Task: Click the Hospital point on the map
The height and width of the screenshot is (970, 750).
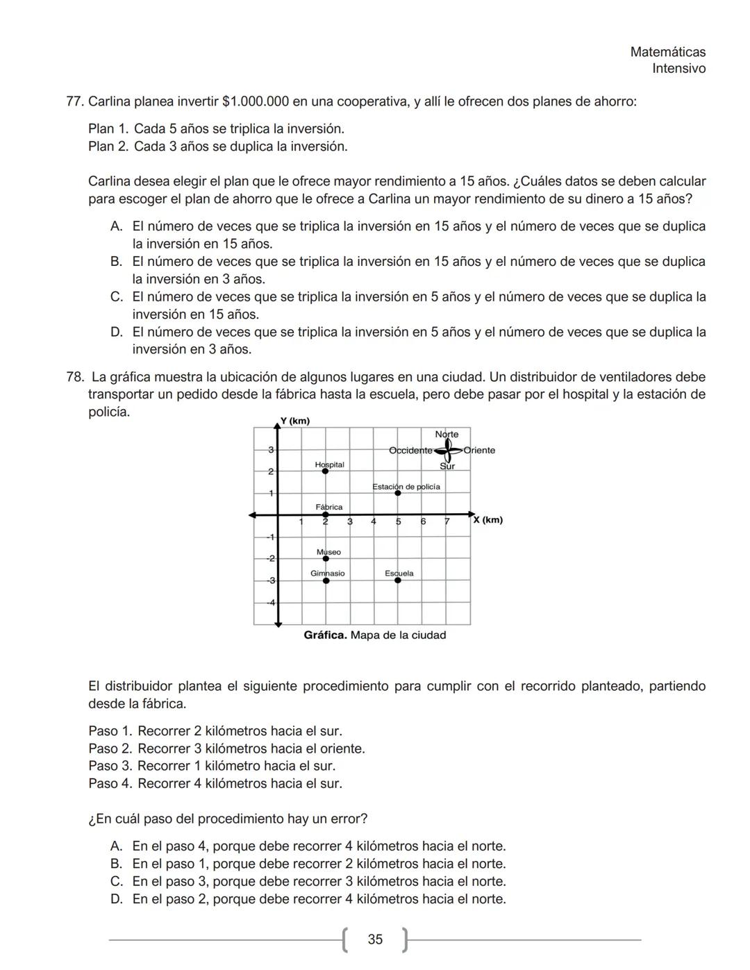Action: [325, 471]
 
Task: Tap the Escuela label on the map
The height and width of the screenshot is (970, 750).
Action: [399, 574]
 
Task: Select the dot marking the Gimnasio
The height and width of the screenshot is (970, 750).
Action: [326, 580]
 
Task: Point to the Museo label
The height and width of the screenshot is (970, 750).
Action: [328, 552]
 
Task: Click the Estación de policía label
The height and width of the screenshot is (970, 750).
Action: [406, 487]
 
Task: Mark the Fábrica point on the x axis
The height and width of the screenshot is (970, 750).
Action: [325, 515]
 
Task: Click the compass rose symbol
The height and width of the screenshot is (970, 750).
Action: [448, 450]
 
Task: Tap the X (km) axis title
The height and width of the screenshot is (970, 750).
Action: [487, 520]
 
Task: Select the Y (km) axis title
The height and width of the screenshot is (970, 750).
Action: [294, 421]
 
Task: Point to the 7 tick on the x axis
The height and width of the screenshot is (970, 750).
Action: [447, 521]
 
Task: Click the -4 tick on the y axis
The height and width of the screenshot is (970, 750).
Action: [272, 602]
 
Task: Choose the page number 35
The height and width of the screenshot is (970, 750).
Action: [375, 939]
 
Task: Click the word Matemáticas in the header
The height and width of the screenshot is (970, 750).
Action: [667, 52]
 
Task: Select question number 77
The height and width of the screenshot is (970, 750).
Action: [74, 102]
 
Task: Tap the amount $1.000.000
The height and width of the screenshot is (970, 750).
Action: [255, 102]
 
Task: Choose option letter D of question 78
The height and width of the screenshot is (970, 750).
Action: [117, 899]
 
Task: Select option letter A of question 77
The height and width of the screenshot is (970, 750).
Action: [117, 226]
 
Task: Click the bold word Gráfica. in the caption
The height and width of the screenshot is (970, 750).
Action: [325, 635]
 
